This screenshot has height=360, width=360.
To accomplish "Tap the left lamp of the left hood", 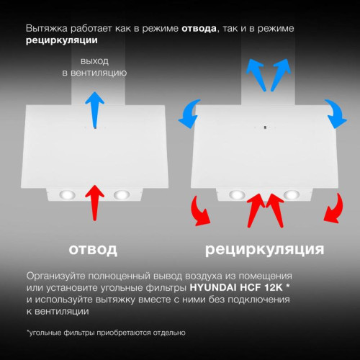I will pyautogui.click(x=67, y=195).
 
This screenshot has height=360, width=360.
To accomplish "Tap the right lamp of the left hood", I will pyautogui.click(x=120, y=194).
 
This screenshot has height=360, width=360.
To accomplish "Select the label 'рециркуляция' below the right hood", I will pyautogui.click(x=264, y=249).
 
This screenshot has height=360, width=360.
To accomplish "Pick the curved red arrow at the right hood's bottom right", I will pyautogui.click(x=333, y=210).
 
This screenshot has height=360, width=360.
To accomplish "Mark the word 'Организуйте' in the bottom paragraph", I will pyautogui.click(x=58, y=276).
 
